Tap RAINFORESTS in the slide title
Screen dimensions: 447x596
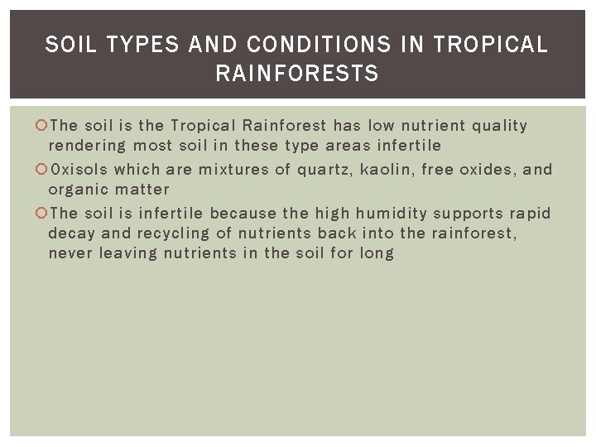(296, 74)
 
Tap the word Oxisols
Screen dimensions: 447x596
(79, 170)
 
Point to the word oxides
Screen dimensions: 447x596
(488, 170)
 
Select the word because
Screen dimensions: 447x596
(243, 214)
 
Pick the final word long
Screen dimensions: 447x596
(377, 253)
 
